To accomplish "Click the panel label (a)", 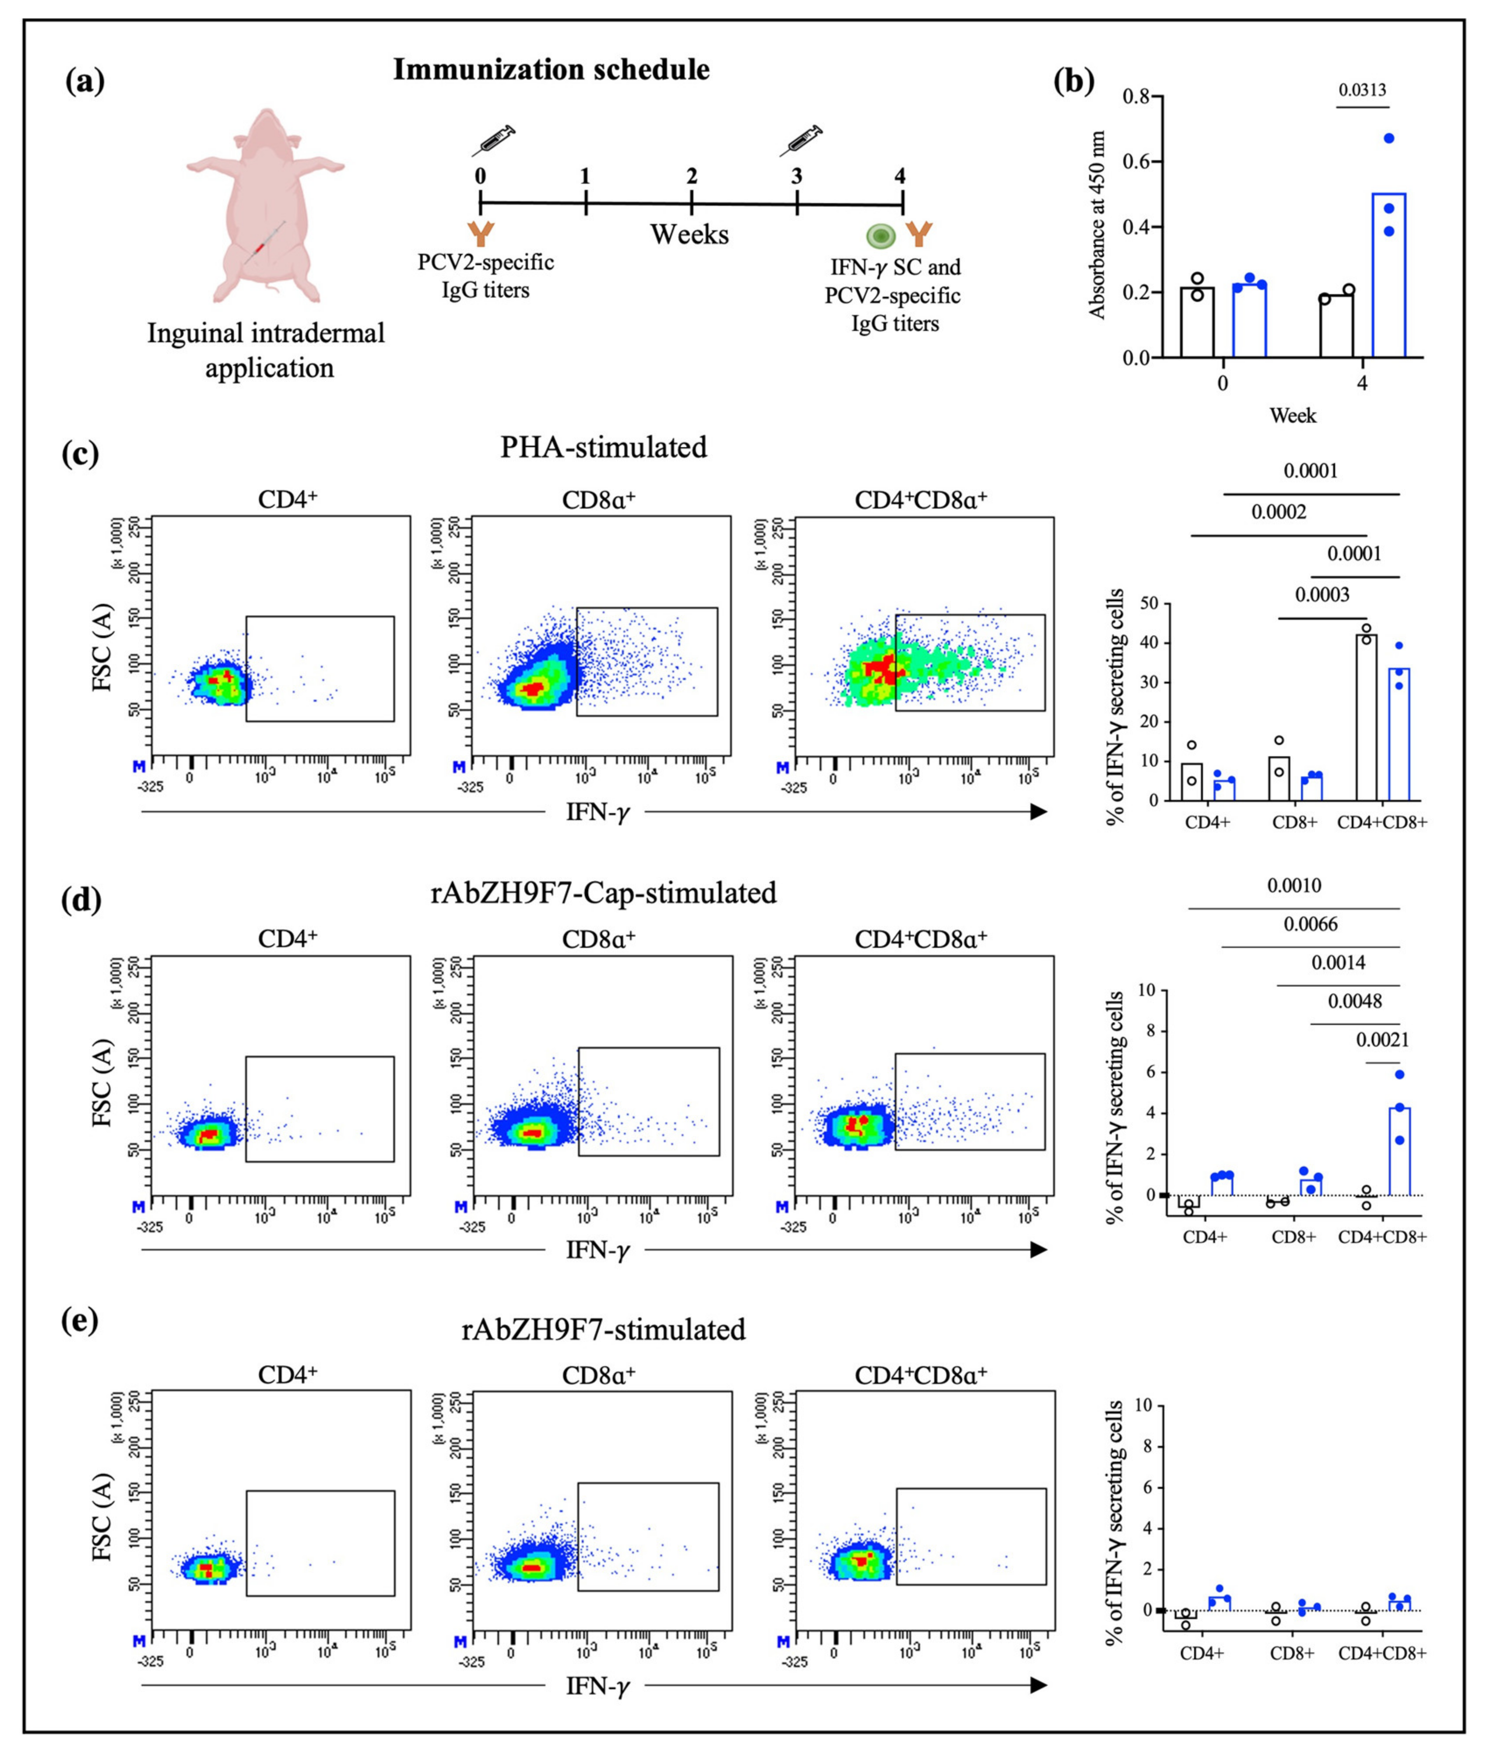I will tap(85, 82).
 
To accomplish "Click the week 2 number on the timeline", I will tap(692, 176).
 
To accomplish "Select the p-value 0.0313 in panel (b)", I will tap(1363, 90).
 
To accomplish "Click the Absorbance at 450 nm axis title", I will tap(1097, 225).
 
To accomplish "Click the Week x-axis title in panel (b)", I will tap(1292, 415).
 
